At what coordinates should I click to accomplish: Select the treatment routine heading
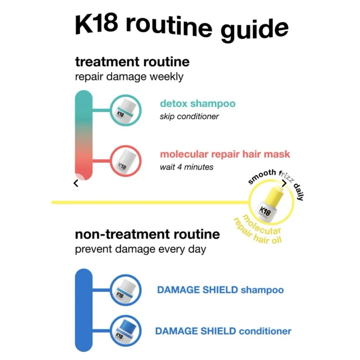132,61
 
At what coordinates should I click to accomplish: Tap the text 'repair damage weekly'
129,76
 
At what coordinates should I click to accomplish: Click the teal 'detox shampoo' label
198,104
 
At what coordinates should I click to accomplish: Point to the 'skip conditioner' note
189,117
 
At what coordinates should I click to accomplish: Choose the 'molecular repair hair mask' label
225,154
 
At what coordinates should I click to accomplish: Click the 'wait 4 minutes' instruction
187,167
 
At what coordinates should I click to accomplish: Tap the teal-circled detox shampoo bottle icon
126,110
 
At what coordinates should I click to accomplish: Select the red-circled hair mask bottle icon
126,161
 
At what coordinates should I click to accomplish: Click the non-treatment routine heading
147,234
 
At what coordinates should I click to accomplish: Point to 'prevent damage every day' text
140,249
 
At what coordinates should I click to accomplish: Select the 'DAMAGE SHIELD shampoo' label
220,290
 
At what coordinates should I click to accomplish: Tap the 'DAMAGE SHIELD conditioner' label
223,331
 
